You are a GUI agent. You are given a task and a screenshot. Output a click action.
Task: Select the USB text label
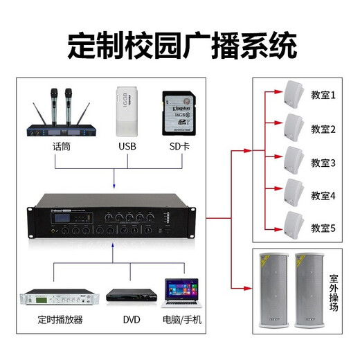[x=128, y=147]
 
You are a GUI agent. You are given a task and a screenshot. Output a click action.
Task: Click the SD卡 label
[x=179, y=147]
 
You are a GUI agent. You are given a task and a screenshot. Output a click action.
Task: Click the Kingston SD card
[x=178, y=113]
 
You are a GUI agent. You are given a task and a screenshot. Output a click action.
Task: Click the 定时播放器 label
[x=60, y=321]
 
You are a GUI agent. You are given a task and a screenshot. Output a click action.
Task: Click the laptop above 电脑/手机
[x=180, y=294]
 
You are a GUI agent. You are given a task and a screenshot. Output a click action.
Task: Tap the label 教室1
[x=323, y=96]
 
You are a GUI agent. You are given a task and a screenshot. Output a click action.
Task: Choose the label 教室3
[x=323, y=163]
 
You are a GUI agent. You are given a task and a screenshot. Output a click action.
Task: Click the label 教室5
[x=323, y=228]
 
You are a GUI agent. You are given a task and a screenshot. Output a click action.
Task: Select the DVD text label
[x=132, y=321]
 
